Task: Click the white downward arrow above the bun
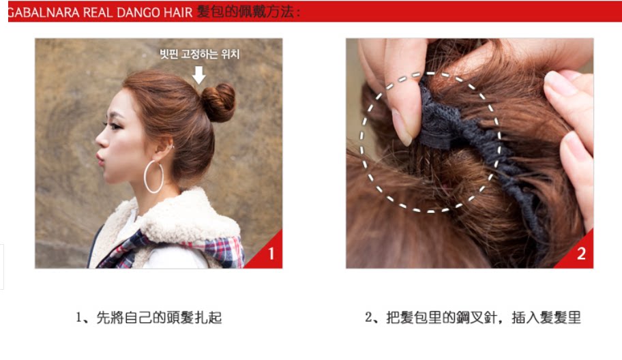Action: point(198,74)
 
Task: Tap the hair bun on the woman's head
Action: point(218,102)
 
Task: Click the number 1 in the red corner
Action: point(271,254)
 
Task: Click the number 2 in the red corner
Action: point(581,254)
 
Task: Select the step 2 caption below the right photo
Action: point(473,317)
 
